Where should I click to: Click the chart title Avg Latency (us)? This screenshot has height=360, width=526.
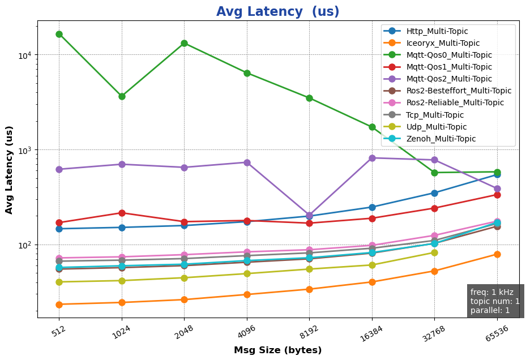click(277, 12)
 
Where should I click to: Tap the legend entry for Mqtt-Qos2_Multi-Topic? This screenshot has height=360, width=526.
click(449, 79)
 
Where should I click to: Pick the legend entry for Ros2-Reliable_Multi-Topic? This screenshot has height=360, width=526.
click(455, 102)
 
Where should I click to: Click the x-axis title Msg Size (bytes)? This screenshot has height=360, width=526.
click(277, 350)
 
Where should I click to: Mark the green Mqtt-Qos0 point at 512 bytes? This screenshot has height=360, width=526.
click(59, 34)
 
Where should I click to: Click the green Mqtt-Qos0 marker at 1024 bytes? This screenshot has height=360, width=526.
click(122, 96)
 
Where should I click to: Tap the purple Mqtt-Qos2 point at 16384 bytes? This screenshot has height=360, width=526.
click(372, 158)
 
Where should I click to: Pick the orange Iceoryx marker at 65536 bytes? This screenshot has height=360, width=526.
click(497, 254)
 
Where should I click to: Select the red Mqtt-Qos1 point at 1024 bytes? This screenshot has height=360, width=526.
click(122, 213)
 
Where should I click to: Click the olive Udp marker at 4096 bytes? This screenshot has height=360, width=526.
click(247, 273)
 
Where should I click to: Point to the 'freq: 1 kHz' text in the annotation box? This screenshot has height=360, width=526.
click(491, 292)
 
